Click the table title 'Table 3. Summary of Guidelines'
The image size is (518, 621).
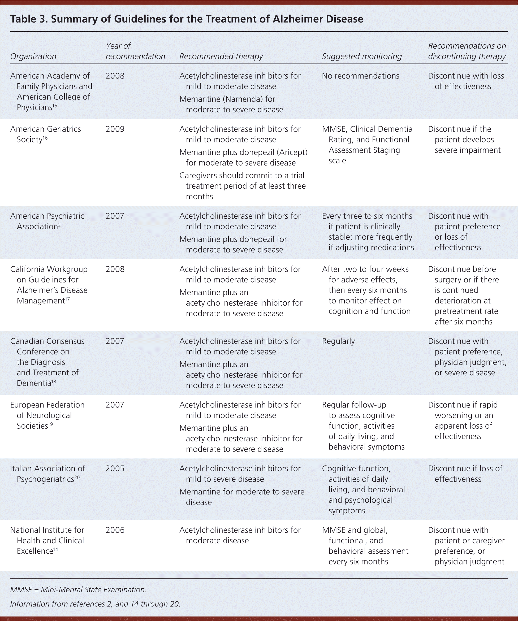186,19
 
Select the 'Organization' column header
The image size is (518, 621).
33,57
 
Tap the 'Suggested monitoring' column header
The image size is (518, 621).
361,57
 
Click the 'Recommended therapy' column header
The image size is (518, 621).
221,57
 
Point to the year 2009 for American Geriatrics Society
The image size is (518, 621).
115,129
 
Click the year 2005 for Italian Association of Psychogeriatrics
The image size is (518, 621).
115,469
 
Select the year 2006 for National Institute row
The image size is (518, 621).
115,530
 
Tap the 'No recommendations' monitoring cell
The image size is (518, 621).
360,76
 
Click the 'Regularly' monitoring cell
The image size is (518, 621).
338,341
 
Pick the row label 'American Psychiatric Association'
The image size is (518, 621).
47,221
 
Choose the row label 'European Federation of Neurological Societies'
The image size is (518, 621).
47,415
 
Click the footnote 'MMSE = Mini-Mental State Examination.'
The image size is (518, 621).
78,590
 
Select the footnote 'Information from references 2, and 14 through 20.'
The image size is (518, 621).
95,604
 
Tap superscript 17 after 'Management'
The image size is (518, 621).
67,299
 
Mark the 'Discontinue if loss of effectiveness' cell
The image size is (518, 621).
465,474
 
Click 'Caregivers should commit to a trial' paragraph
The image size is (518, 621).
243,186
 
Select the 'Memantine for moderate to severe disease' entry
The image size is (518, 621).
241,497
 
